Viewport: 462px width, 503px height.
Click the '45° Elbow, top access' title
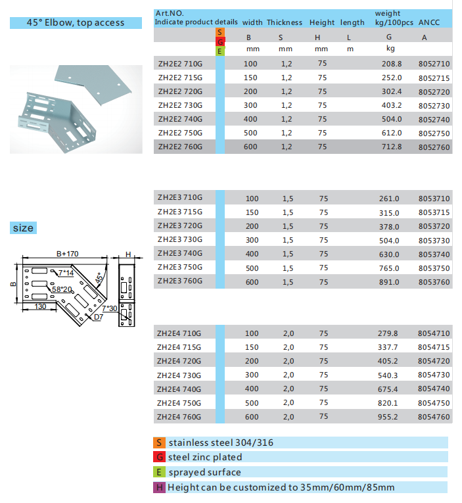[x=76, y=22]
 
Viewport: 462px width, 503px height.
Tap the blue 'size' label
[x=22, y=228]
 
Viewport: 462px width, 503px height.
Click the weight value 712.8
[x=391, y=147]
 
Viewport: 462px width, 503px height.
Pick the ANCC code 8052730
[x=434, y=106]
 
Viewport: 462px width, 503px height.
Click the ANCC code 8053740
[x=434, y=254]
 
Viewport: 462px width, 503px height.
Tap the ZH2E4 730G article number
[x=179, y=374]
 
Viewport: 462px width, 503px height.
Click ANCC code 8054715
[x=434, y=347]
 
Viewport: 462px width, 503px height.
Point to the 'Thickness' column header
[x=285, y=22]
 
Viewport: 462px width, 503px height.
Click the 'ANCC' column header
[x=430, y=22]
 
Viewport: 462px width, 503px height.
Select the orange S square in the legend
[x=158, y=443]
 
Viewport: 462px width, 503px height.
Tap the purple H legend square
[x=158, y=487]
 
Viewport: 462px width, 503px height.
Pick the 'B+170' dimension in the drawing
[x=67, y=252]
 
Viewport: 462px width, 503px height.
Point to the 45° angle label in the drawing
[x=100, y=278]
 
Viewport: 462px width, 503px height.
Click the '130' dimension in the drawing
[x=41, y=306]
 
